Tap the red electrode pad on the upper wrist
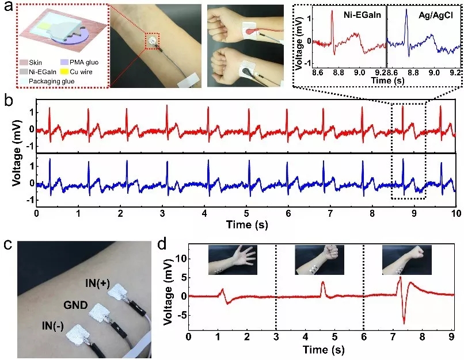(250, 29)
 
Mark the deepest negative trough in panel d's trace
(405, 323)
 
